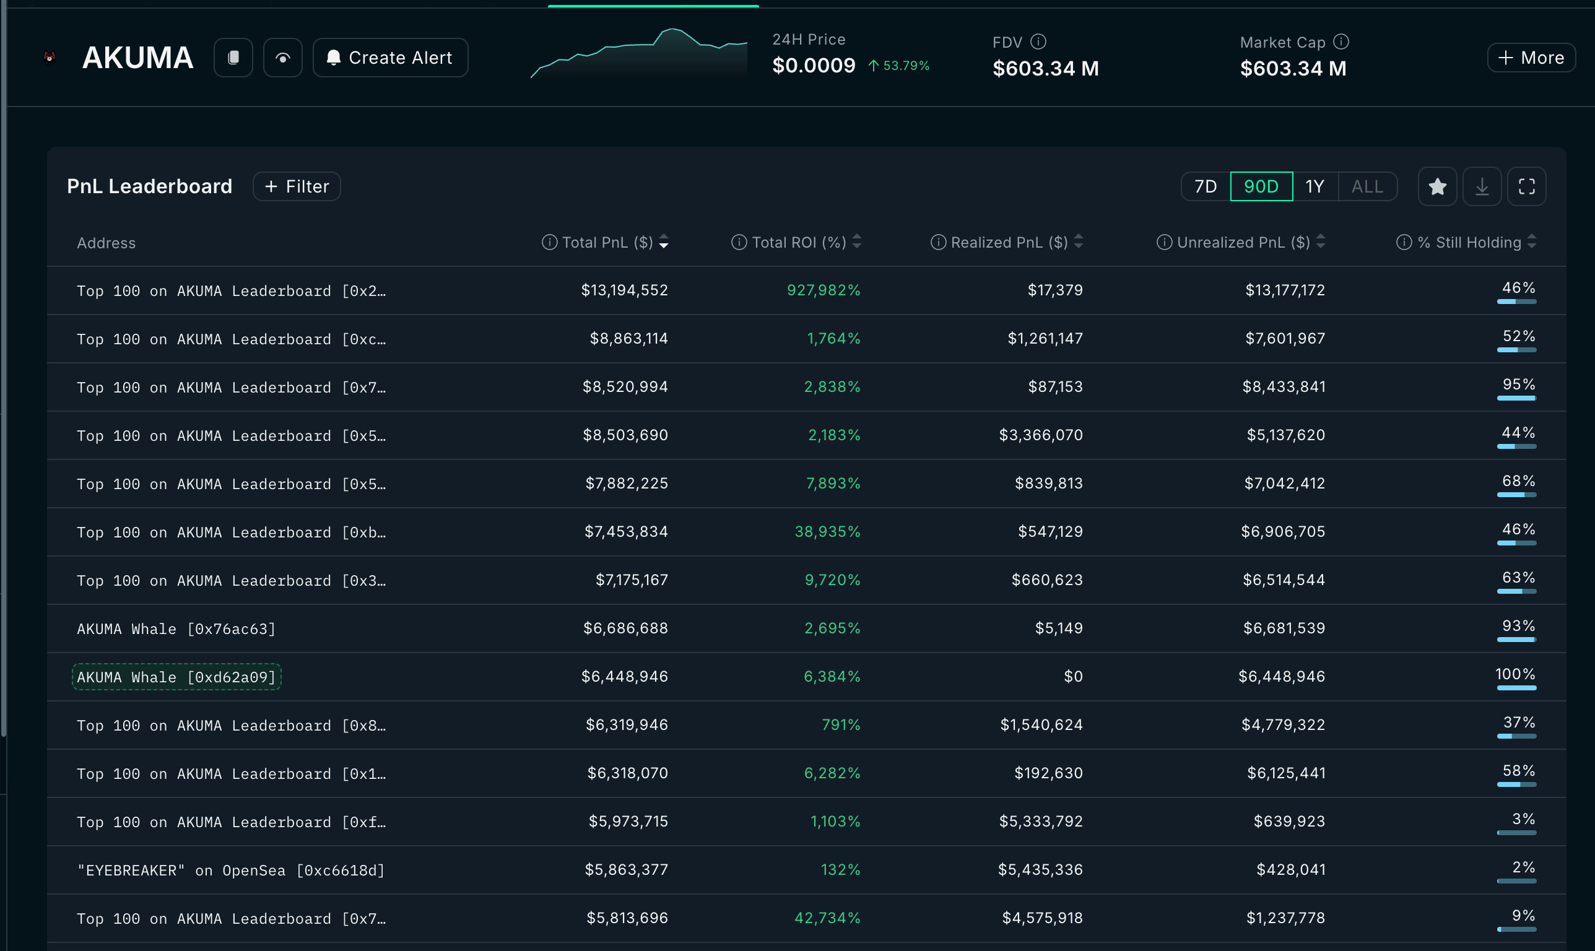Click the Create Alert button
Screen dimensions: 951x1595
[390, 58]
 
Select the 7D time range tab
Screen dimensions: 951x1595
[1206, 186]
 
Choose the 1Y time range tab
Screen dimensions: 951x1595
[1315, 186]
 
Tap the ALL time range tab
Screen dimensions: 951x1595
[1367, 186]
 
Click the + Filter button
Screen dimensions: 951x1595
[297, 186]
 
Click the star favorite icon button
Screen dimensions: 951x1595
[1437, 186]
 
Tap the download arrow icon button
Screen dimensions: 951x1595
[1482, 186]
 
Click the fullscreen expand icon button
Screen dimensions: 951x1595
[1526, 186]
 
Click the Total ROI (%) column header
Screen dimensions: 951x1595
[798, 242]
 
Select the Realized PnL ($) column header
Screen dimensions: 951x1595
[1009, 242]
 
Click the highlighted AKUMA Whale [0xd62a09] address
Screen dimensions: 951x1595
[176, 677]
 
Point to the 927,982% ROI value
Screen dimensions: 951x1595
[823, 290]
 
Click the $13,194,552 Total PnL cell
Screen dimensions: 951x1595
[624, 290]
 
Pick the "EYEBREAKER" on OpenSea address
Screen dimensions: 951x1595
[231, 871]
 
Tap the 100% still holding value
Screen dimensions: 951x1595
[1515, 674]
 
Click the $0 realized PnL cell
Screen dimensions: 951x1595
[1073, 677]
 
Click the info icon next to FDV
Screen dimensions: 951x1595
[1038, 41]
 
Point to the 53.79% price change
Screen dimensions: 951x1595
[905, 66]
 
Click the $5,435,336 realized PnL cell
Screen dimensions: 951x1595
[1040, 870]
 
